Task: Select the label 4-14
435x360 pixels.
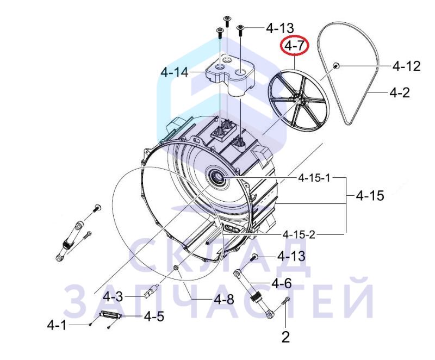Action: (x=175, y=73)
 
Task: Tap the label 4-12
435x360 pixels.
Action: (x=406, y=66)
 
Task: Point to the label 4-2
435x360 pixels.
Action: (x=400, y=92)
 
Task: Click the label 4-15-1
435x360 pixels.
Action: (x=314, y=177)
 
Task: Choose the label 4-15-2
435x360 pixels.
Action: (x=299, y=234)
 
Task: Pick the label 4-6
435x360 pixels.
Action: (x=282, y=283)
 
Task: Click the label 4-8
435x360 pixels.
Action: (x=224, y=299)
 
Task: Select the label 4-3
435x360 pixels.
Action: (x=113, y=297)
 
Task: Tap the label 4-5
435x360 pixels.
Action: (x=154, y=316)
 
